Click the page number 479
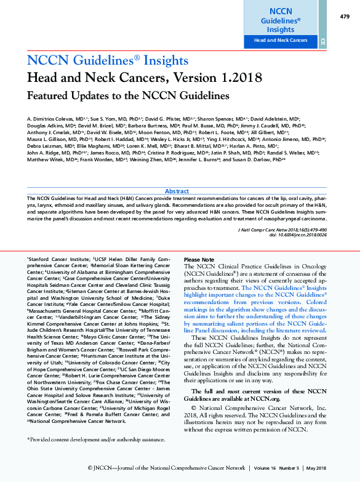[x=344, y=16]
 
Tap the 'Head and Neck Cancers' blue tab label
[x=281, y=41]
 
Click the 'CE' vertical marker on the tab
[x=322, y=41]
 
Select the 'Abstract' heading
[x=177, y=191]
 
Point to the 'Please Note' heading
[x=199, y=260]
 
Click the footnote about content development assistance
[x=96, y=439]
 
